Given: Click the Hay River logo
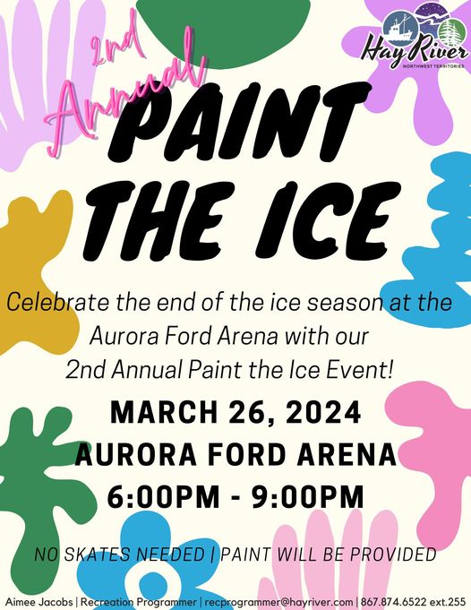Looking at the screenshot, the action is click(415, 37).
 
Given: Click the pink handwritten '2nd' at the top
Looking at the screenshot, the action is click(115, 41).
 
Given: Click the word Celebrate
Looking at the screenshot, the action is click(58, 302).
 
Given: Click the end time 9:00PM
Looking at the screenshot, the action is click(308, 497).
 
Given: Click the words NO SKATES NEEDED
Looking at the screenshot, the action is click(120, 554).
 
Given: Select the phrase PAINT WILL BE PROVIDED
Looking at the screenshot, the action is click(328, 554).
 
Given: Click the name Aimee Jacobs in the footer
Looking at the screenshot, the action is click(39, 601).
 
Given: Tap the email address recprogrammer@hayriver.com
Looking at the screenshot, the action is click(278, 601).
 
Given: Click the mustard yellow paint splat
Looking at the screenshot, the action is click(35, 272).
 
